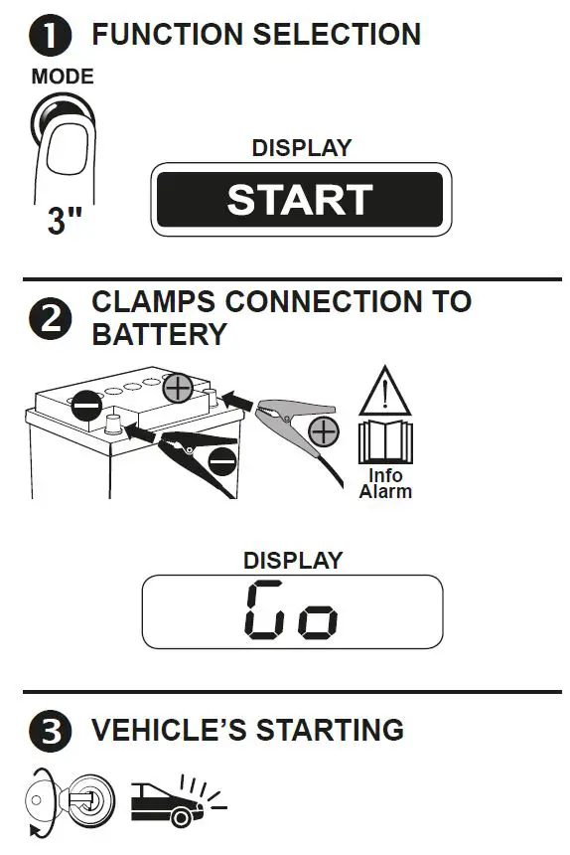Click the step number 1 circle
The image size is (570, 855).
(50, 37)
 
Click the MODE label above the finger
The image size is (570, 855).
(63, 77)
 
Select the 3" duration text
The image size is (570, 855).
(66, 220)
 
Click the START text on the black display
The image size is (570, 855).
(299, 200)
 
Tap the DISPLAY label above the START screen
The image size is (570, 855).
(301, 148)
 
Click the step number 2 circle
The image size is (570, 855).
(51, 318)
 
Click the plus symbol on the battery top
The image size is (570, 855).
(179, 388)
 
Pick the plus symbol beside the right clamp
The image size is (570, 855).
(323, 430)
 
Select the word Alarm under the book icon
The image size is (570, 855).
(385, 490)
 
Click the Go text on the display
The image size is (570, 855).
(291, 610)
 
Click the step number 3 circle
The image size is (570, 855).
(50, 733)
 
